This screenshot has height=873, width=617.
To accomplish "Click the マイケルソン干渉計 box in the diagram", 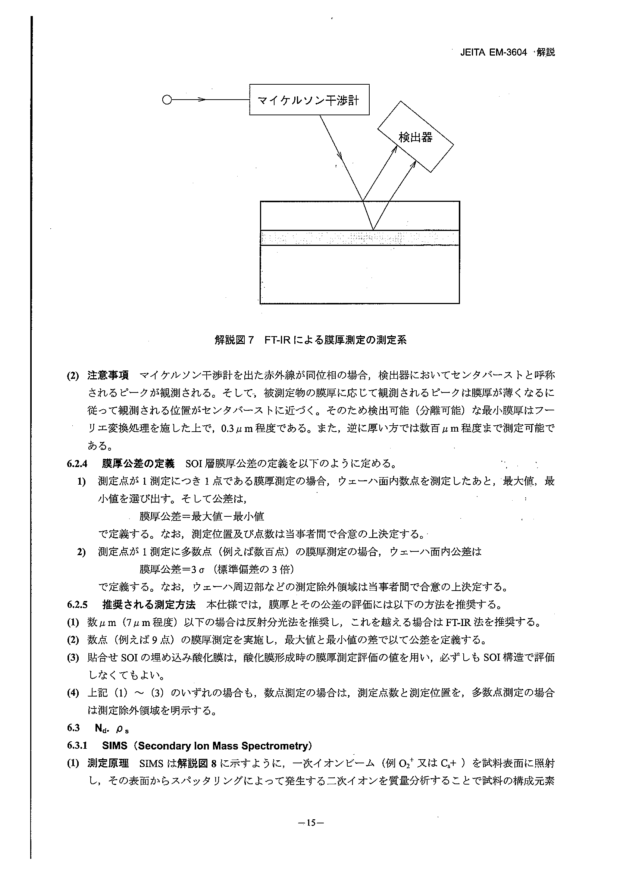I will coord(309,100).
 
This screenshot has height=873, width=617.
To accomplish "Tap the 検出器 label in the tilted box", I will coord(415,137).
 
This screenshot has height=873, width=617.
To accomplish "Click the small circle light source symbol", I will coord(166,100).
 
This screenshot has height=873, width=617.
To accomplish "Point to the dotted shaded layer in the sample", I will coord(359,238).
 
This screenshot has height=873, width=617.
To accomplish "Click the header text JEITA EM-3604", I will coord(494,53).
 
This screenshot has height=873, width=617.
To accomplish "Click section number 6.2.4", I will coord(77,464).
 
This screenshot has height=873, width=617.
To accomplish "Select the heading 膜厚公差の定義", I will coord(138,464).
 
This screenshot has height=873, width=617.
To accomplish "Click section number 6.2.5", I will coord(77,604).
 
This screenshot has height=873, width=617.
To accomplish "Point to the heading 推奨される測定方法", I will coord(148,604).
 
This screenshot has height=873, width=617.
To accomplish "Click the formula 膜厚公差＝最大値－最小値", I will coord(201,516).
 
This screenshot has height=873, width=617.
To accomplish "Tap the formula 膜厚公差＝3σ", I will coord(172,569).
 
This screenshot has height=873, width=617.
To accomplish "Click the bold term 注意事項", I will coord(108,375).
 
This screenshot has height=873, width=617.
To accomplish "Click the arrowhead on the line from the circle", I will coord(202,100).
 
